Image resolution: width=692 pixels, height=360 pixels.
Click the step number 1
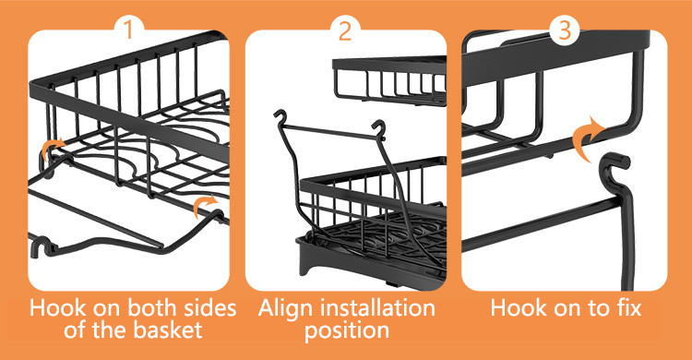coord(128,30)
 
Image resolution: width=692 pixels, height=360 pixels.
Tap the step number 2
coord(345,30)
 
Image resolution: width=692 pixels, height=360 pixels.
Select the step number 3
coord(565,30)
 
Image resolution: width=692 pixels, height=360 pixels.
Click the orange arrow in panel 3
coord(589,138)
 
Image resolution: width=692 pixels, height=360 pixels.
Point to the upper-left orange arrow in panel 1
coord(50,149)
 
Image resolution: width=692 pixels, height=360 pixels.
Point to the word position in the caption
coord(347,330)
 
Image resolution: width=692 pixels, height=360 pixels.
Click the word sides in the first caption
coord(210,307)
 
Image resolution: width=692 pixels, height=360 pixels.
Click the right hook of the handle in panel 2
coord(379,128)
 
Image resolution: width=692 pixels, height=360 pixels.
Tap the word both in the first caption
coord(152,307)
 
